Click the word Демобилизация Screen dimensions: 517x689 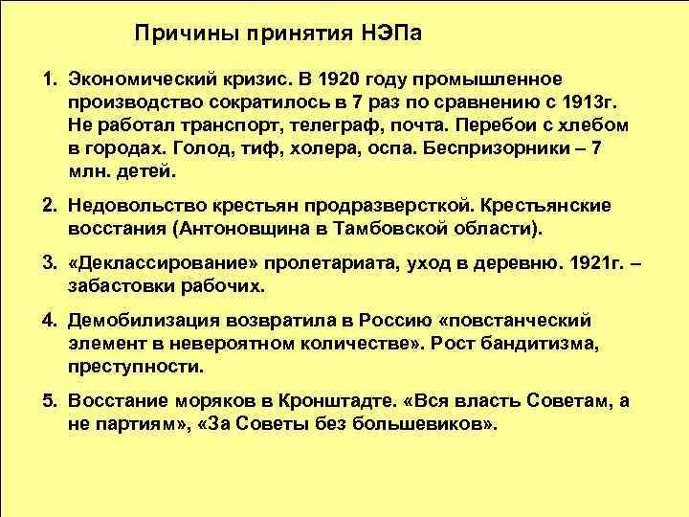point(149,320)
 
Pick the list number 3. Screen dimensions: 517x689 point(48,263)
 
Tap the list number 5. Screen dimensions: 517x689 point(48,400)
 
